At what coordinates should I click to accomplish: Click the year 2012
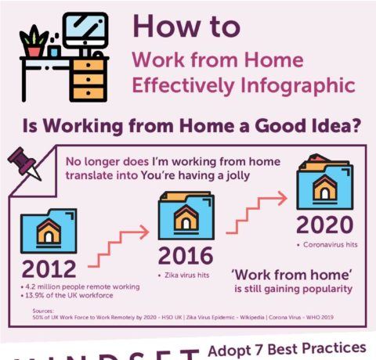(49, 268)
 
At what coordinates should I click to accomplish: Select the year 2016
(186, 255)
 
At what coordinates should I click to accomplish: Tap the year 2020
(324, 225)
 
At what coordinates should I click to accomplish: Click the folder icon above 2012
(48, 230)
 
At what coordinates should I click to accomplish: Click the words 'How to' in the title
(186, 26)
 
